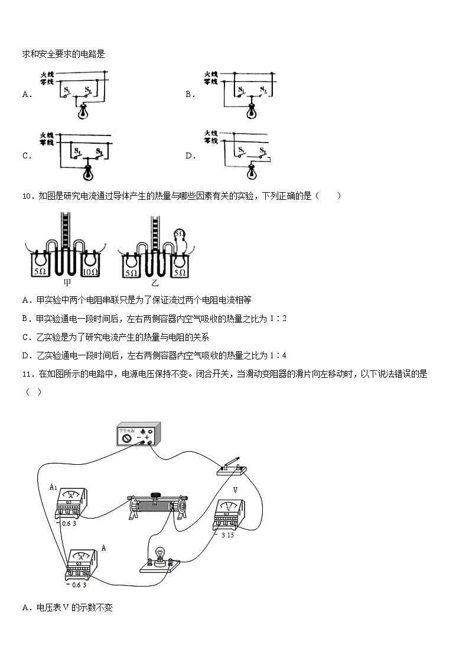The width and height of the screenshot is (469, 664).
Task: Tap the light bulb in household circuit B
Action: (x=253, y=109)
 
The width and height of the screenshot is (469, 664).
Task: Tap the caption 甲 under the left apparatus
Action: (x=67, y=282)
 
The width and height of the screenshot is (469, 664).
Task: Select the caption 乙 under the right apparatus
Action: (x=152, y=282)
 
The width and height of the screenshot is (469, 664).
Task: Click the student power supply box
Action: (x=137, y=436)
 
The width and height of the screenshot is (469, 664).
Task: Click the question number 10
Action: (x=26, y=196)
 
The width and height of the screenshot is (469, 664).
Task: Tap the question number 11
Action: (x=26, y=374)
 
